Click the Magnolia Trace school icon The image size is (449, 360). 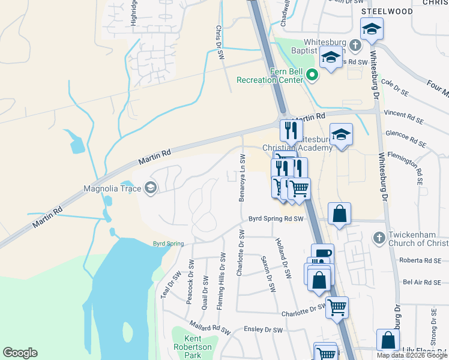coord(150,189)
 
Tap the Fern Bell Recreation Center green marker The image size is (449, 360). coord(312,75)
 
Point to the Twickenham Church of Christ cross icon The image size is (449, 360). coord(378,238)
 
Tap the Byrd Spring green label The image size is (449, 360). coord(167,244)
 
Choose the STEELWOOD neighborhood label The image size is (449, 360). coord(387,11)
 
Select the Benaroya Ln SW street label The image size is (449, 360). coord(243,177)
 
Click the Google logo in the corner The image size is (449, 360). coord(20,353)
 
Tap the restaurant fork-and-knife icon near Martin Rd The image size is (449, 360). coord(291,130)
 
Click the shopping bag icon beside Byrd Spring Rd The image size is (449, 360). coord(339,213)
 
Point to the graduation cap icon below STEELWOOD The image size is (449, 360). coord(372,28)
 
